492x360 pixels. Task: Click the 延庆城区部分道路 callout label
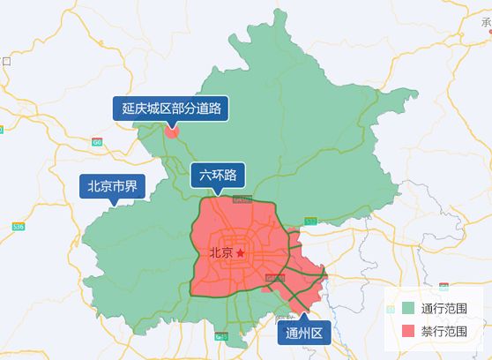(171, 109)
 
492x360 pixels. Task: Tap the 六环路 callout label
(219, 175)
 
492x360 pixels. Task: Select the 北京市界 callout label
(112, 186)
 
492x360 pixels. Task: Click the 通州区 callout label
(306, 333)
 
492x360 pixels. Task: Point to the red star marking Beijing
(240, 253)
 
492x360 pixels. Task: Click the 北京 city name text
(221, 253)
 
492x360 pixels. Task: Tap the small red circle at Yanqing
(172, 133)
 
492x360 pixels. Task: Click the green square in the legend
(406, 309)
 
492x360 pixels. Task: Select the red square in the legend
(406, 331)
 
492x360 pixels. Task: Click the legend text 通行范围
(444, 309)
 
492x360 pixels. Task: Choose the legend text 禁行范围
(444, 331)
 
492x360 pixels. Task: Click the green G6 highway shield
(97, 141)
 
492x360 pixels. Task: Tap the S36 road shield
(19, 227)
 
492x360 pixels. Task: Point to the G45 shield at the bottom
(222, 336)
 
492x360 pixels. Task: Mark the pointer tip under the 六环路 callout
(219, 192)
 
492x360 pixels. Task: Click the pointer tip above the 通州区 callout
(306, 315)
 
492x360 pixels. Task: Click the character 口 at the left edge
(5, 61)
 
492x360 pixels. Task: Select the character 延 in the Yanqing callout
(128, 109)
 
